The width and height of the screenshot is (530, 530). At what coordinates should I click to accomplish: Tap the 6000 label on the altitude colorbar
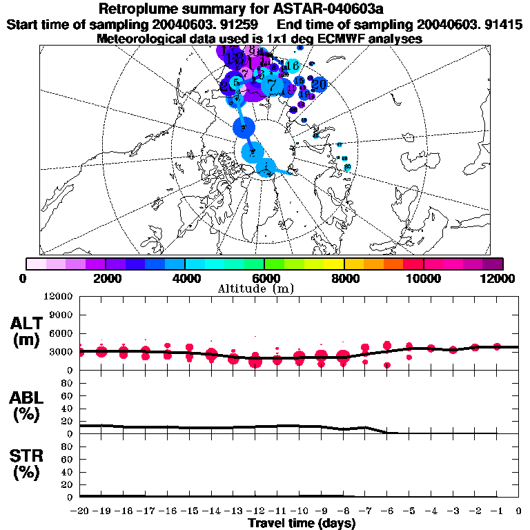point(265,277)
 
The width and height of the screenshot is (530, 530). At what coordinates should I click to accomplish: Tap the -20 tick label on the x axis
point(81,511)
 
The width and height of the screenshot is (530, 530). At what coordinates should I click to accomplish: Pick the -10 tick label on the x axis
point(300,511)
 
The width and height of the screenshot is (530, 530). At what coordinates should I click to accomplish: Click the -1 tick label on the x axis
point(497,511)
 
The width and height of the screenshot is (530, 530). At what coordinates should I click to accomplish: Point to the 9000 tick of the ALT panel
point(63,315)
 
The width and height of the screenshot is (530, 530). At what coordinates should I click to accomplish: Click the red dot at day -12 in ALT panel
point(256,360)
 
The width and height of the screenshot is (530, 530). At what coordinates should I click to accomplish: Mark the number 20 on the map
point(319,84)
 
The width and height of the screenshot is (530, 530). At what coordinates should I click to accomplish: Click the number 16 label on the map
point(292,66)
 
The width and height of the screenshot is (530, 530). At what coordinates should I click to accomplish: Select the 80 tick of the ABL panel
point(67,384)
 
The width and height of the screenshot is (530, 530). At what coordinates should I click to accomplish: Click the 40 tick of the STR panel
point(67,471)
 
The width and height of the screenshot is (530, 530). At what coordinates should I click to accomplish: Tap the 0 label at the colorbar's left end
point(26,277)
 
